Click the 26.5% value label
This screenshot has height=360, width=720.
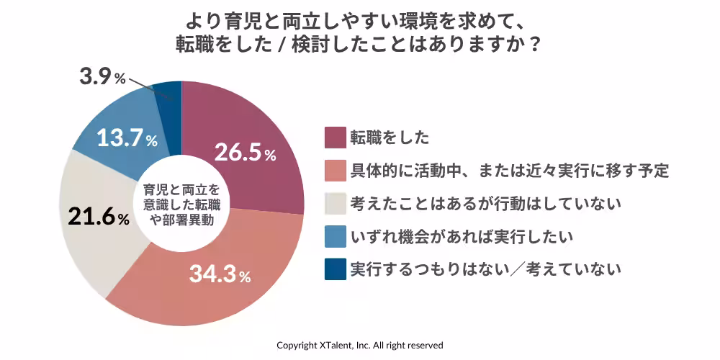(x=246, y=153)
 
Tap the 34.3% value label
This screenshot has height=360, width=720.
(x=220, y=274)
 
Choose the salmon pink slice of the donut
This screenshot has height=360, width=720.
(x=216, y=288)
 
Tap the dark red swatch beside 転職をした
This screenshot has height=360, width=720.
(x=334, y=137)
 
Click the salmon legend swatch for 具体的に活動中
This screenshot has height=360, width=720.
(x=334, y=171)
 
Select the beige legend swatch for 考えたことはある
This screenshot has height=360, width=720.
(x=334, y=204)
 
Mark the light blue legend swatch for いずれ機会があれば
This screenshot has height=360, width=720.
(x=334, y=237)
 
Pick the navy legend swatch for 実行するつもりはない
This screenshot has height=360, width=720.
(x=334, y=270)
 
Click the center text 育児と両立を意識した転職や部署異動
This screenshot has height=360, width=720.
(x=181, y=203)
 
